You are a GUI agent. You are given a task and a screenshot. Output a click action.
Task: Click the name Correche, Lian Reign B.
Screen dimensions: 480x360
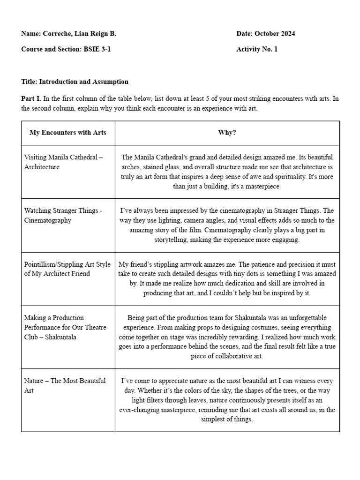click(x=80, y=34)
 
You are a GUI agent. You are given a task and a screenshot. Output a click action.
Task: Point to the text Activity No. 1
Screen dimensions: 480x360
click(x=257, y=49)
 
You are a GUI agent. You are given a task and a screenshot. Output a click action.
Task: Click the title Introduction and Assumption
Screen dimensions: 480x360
click(x=83, y=82)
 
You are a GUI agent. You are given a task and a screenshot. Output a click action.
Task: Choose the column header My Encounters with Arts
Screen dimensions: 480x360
click(x=68, y=133)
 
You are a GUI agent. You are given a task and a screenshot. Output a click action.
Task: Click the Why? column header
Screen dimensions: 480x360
click(x=227, y=133)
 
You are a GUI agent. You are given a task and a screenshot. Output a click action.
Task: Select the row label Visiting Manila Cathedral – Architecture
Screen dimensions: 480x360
click(x=63, y=162)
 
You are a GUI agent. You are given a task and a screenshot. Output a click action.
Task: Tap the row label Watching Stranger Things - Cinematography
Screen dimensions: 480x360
click(x=63, y=215)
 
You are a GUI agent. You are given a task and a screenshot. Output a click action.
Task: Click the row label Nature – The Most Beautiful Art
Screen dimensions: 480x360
click(x=65, y=385)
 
